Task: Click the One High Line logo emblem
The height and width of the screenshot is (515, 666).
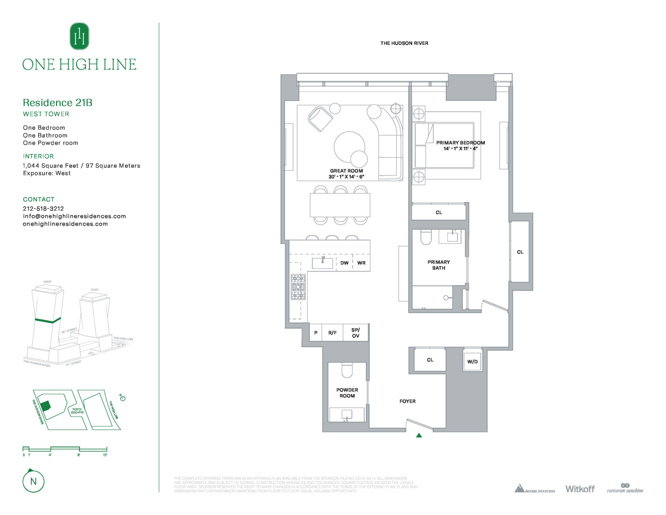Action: (79, 37)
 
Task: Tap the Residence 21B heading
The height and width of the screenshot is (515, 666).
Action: (58, 102)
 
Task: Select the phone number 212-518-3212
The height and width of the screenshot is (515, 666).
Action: (43, 209)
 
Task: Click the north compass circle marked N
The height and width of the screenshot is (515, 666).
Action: (33, 482)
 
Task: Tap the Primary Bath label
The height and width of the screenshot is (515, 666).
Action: (439, 265)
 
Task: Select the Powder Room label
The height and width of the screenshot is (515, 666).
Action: (347, 393)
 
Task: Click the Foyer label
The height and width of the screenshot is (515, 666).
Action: (407, 401)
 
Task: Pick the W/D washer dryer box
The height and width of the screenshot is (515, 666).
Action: (472, 361)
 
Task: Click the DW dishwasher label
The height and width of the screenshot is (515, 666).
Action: (344, 263)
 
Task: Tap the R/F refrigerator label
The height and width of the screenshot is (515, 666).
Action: (332, 333)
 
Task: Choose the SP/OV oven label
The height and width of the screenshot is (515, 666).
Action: (356, 333)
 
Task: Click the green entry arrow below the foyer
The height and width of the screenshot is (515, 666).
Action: (419, 436)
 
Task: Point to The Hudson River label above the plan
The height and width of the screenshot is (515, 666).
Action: (404, 43)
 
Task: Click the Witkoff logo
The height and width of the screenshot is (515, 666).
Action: (580, 489)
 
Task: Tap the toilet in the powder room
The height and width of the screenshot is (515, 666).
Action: (346, 370)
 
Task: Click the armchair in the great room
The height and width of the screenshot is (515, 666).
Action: (320, 118)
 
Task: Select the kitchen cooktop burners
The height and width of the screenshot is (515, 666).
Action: (298, 287)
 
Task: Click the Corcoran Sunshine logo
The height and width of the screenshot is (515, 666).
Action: (625, 488)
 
